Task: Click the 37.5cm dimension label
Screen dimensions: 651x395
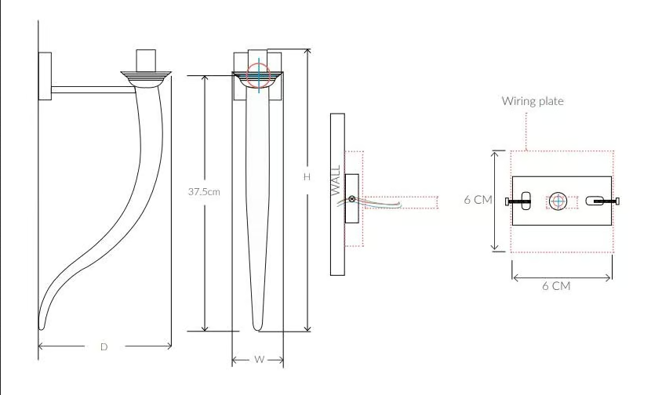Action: click(x=204, y=192)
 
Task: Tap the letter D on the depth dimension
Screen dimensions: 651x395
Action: click(x=104, y=347)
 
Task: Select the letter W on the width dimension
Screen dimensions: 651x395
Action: click(x=259, y=359)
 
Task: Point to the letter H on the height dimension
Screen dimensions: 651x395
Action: click(x=307, y=177)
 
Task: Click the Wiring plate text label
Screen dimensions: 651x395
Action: click(x=533, y=101)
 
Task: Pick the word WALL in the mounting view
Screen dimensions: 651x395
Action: click(x=336, y=180)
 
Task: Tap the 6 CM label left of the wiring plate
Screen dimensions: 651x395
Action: click(x=478, y=200)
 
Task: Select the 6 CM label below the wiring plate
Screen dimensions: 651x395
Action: click(x=556, y=286)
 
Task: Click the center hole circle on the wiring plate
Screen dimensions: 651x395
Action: click(x=558, y=201)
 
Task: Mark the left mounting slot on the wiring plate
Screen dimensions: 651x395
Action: click(x=526, y=201)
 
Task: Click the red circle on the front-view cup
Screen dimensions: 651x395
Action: click(x=258, y=75)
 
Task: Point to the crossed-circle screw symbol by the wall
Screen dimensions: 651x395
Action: click(x=351, y=199)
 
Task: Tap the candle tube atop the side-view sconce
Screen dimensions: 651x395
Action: click(x=146, y=60)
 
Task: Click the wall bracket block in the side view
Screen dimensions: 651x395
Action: click(x=45, y=76)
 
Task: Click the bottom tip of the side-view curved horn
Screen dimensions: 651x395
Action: click(x=41, y=328)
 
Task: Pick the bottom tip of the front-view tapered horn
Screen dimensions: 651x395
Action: click(x=257, y=329)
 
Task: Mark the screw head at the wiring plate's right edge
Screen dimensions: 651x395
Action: click(x=617, y=201)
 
